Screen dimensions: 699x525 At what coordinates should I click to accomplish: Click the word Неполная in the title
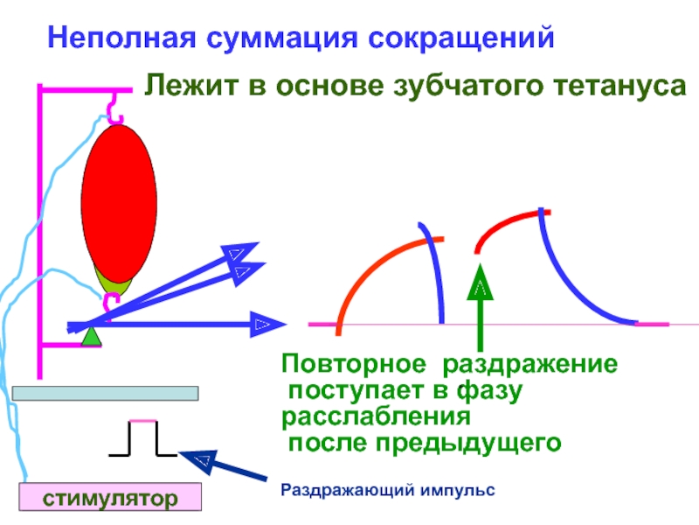tap(121, 37)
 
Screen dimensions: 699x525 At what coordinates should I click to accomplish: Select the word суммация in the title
tap(281, 38)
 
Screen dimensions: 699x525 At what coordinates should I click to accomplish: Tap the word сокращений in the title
tap(461, 38)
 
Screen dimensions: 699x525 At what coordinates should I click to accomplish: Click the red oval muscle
tap(119, 204)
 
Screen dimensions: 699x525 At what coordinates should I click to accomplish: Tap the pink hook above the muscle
tap(114, 108)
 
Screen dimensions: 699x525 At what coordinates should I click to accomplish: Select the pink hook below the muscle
tap(112, 303)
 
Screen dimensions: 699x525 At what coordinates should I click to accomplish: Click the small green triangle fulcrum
tap(92, 337)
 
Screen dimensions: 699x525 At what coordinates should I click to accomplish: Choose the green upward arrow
tap(480, 307)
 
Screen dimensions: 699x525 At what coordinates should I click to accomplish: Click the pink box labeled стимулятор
tap(110, 496)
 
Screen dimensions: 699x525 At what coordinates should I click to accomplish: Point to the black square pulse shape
tap(142, 438)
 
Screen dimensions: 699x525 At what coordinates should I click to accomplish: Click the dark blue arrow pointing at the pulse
tap(223, 465)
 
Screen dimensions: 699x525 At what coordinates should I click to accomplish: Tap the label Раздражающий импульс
tap(388, 490)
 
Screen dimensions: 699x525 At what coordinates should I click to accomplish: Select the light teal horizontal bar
tap(105, 393)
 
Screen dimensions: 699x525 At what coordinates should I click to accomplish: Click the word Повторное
tap(354, 364)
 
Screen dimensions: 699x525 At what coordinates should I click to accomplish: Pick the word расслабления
tap(376, 417)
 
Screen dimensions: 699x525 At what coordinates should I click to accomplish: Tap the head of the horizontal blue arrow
tap(268, 325)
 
